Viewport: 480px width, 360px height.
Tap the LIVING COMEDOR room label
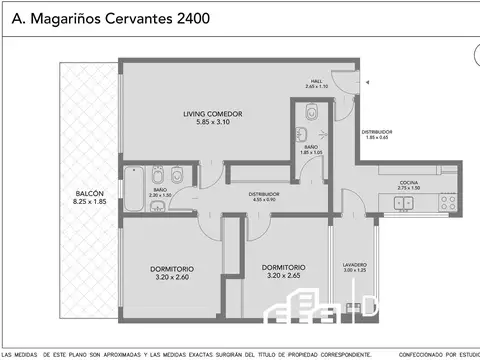pyautogui.click(x=213, y=114)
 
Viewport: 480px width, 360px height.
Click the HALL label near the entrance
pyautogui.click(x=315, y=81)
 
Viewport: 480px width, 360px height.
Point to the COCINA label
pyautogui.click(x=408, y=182)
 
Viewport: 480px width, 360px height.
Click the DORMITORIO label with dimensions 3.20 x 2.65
pyautogui.click(x=284, y=268)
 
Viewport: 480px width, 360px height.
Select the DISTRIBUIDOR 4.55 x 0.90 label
pyautogui.click(x=264, y=194)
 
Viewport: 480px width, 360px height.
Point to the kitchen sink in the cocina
pyautogui.click(x=405, y=203)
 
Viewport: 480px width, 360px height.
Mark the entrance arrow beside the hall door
pyautogui.click(x=368, y=83)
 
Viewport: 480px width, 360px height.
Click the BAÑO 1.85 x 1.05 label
pyautogui.click(x=312, y=147)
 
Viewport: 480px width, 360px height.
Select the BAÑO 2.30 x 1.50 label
pyautogui.click(x=161, y=190)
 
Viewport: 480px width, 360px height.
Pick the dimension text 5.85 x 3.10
pyautogui.click(x=213, y=122)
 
